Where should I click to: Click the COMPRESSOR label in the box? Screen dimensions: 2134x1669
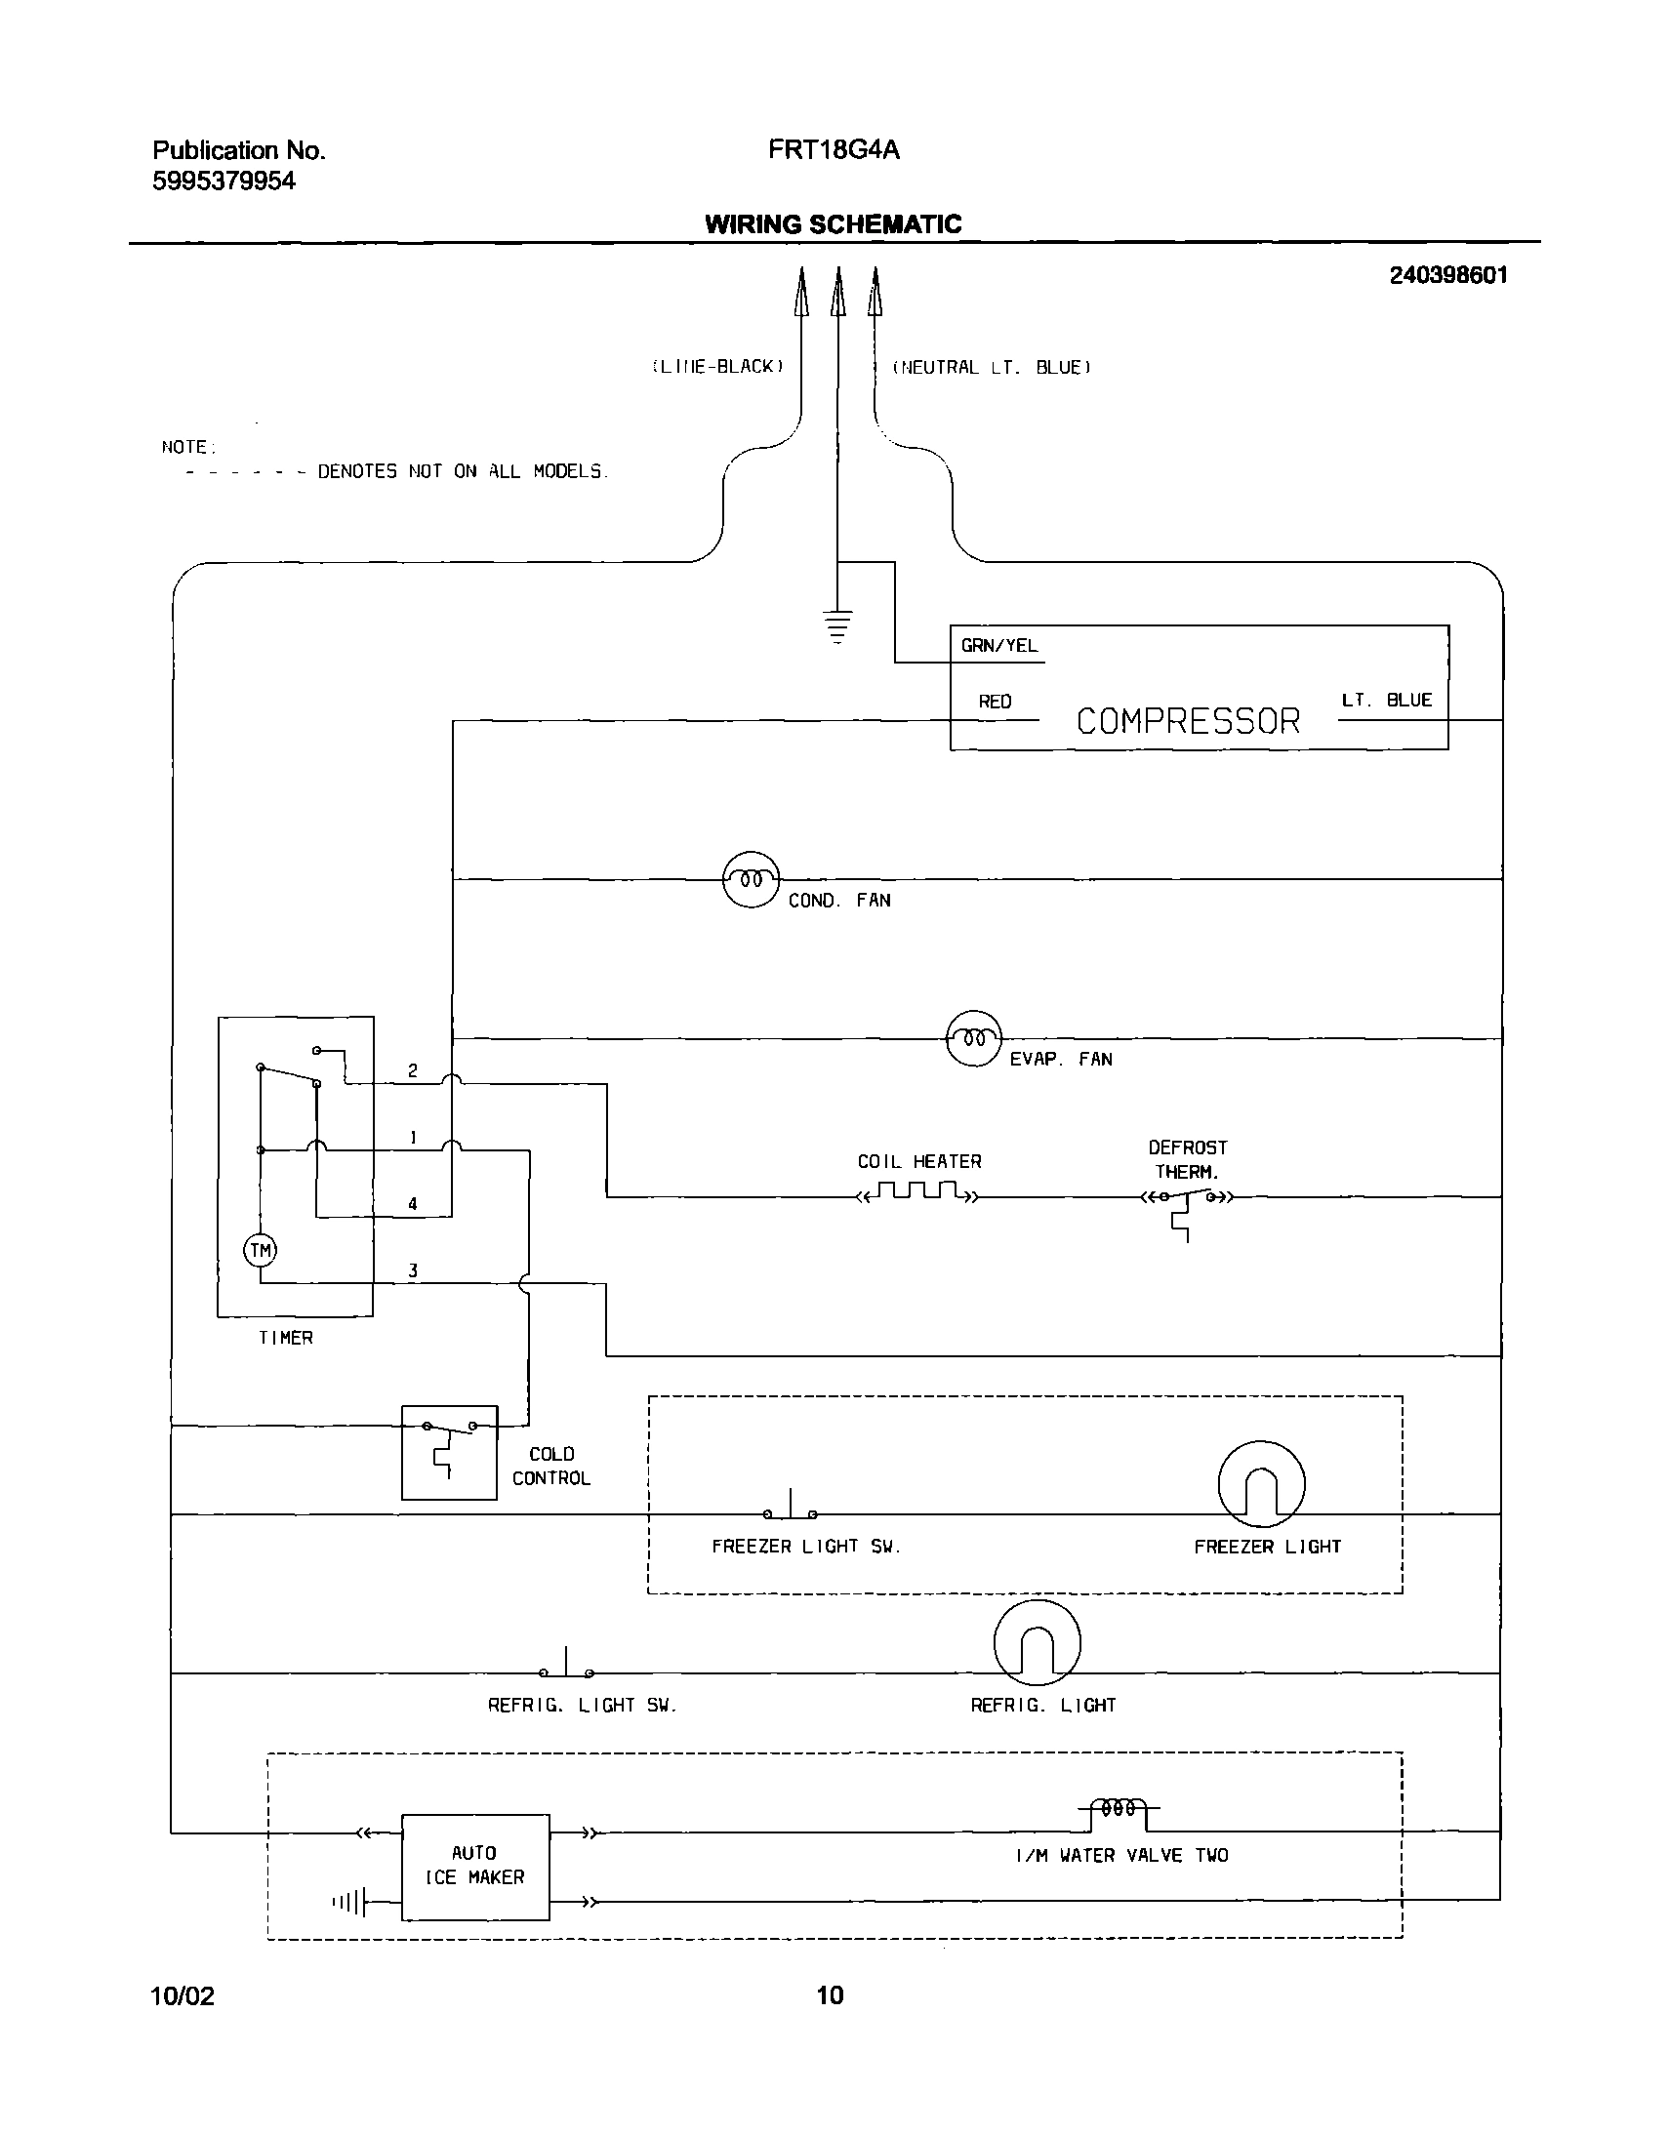[1187, 722]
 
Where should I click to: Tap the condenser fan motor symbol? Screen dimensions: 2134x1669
[751, 879]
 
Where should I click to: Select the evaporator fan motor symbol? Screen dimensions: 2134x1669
[974, 1037]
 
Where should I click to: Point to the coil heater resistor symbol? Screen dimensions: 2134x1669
[917, 1192]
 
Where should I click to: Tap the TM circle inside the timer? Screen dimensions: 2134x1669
[260, 1250]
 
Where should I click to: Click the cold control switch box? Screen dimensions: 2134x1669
[450, 1452]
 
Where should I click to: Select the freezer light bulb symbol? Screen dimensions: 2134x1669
[1261, 1483]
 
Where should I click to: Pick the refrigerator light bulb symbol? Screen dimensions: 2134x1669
[1037, 1642]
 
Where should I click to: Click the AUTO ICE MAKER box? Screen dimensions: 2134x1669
[475, 1867]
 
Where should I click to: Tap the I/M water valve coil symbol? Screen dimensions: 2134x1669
[1119, 1809]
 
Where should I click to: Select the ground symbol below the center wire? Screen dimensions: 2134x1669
[837, 625]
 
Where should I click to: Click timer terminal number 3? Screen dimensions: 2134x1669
[413, 1270]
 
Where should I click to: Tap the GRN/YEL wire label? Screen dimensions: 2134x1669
[998, 646]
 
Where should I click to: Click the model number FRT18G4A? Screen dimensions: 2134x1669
[833, 149]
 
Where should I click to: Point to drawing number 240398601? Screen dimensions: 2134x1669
[1448, 275]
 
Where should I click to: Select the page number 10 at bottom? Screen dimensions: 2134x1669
[830, 1994]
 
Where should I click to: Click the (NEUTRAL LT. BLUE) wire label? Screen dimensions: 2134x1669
[991, 368]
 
